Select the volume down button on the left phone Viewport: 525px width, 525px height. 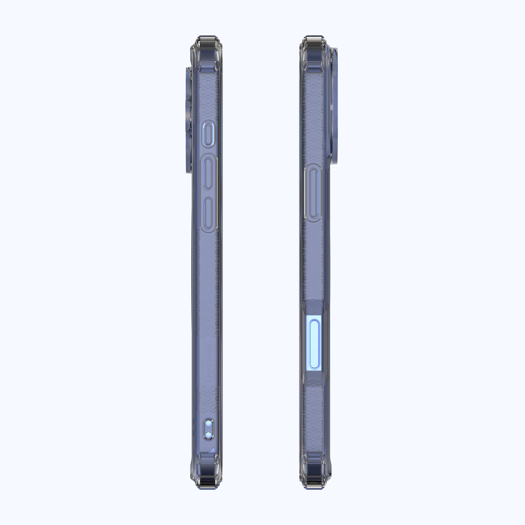208,213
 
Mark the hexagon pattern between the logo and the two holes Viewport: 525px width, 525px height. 208,402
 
